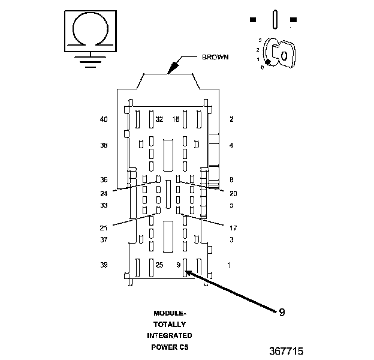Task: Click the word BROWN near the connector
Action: tap(215, 57)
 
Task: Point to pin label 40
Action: tap(104, 119)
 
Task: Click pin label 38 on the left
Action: tap(104, 145)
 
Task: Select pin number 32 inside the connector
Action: tap(159, 119)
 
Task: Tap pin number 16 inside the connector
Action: tap(176, 119)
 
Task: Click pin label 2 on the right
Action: tap(231, 119)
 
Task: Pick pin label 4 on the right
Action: tap(231, 145)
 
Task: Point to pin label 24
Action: tap(104, 194)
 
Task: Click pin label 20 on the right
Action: tap(233, 194)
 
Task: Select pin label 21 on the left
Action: tap(104, 228)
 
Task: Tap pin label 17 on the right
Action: tap(233, 228)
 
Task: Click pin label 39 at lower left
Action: tap(104, 265)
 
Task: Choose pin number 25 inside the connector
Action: tap(159, 265)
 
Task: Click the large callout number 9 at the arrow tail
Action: tap(282, 312)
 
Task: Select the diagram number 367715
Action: tap(286, 351)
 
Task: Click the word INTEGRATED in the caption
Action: tap(170, 335)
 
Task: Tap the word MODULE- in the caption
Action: tap(170, 313)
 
